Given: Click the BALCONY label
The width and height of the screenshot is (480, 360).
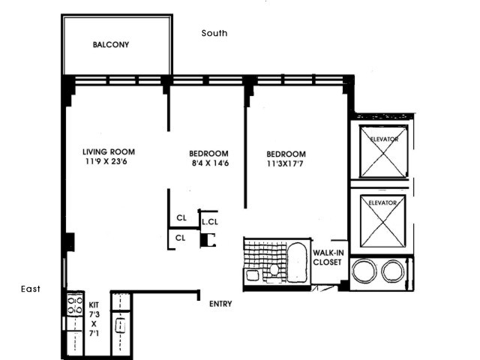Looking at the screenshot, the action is (x=111, y=45).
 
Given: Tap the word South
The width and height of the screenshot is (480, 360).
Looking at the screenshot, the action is (x=214, y=33).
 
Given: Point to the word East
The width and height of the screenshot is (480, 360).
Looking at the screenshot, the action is (x=31, y=289).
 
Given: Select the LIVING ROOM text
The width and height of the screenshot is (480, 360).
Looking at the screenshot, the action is (x=109, y=151).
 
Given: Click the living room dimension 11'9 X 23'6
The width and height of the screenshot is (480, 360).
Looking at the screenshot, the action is (x=106, y=161).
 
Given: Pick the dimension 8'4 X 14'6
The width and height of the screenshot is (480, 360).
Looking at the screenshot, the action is (x=210, y=163).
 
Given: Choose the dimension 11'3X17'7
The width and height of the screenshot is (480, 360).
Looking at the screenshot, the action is (x=285, y=163).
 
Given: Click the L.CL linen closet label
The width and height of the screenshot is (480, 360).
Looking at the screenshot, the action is (x=210, y=222).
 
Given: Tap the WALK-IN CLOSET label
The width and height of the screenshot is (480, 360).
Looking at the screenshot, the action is (x=328, y=257).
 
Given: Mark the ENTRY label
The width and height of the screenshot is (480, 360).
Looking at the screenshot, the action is (x=220, y=304).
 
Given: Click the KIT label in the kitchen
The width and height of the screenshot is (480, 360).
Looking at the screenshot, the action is (x=94, y=305).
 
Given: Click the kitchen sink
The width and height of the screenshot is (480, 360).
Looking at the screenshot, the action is (x=120, y=325).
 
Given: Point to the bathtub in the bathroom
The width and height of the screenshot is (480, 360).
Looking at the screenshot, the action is (x=297, y=262).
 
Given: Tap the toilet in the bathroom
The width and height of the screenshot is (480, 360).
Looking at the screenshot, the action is (x=274, y=271).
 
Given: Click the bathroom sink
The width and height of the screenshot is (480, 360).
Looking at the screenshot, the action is (x=253, y=275).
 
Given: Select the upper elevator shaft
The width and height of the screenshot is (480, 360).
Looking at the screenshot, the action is (x=383, y=151).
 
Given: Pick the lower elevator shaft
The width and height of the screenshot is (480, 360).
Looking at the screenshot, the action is (x=382, y=221).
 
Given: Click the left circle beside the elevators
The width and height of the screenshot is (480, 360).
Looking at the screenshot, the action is (x=364, y=271).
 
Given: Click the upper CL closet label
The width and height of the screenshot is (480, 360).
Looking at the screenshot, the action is (x=181, y=218).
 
